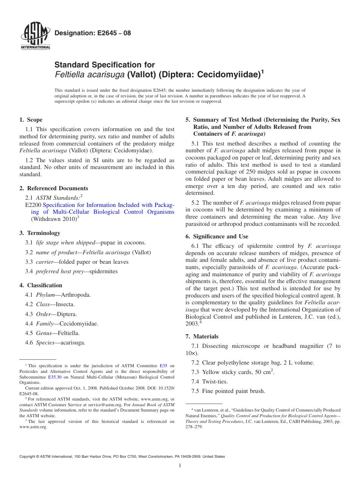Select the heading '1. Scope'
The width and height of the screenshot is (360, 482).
click(x=31, y=120)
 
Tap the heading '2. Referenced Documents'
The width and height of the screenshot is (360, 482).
click(x=54, y=188)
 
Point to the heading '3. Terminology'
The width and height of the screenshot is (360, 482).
click(x=40, y=233)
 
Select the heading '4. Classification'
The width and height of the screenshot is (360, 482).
click(x=41, y=285)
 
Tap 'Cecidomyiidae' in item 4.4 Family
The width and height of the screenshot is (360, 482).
click(x=78, y=324)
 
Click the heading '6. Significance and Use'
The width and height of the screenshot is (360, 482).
click(x=217, y=236)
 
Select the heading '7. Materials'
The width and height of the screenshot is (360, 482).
click(x=202, y=336)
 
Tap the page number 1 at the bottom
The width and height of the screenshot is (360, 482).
click(x=180, y=466)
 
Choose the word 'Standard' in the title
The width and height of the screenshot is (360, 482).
click(x=70, y=65)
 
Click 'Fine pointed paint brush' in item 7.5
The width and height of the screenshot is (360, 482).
click(x=233, y=391)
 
